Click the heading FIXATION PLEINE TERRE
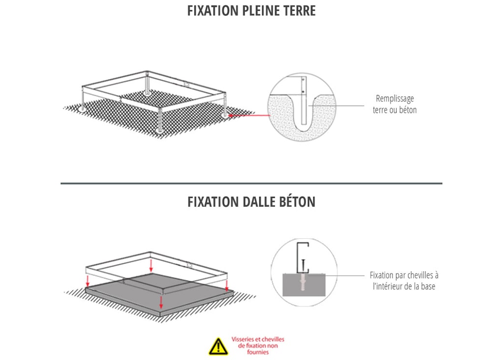[x=251, y=11]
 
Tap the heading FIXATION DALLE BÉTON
[x=251, y=202]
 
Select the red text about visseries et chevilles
[x=257, y=346]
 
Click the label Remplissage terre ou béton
[x=394, y=104]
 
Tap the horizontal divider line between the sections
[x=251, y=183]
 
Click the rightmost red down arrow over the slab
[x=226, y=285]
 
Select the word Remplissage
[x=394, y=99]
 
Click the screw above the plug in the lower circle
[x=305, y=266]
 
